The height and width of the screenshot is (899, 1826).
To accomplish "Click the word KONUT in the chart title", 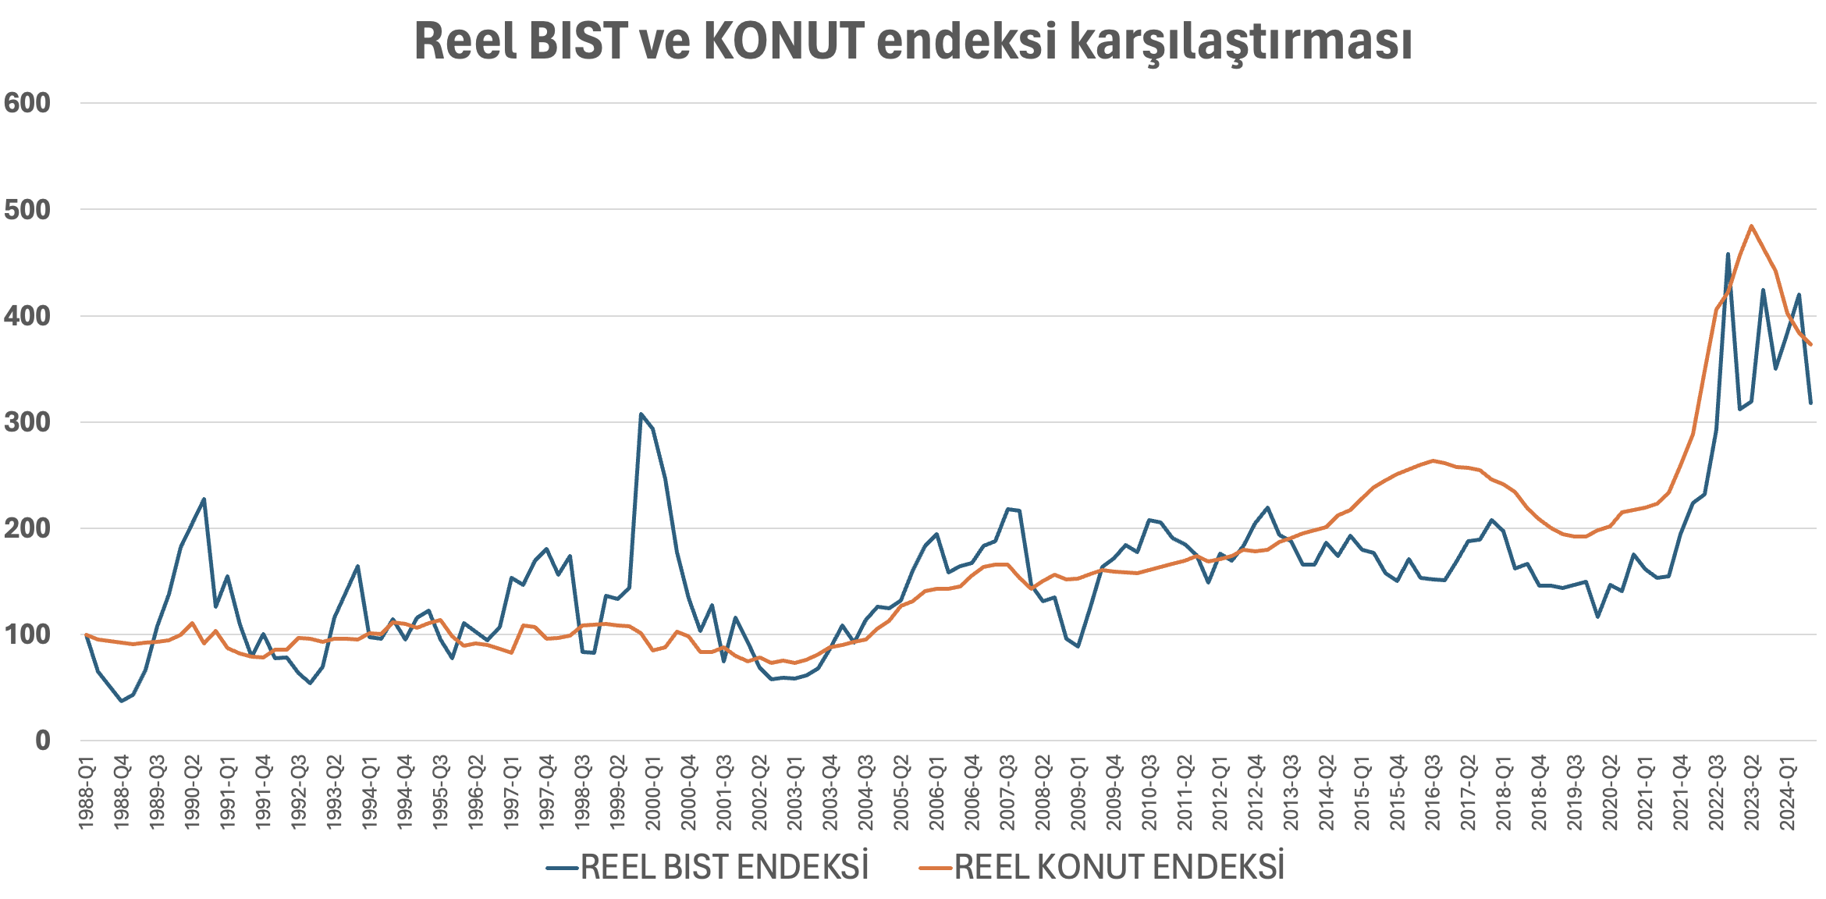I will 784,41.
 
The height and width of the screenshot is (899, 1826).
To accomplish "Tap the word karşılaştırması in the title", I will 1241,42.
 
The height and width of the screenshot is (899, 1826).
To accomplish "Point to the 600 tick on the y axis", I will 27,103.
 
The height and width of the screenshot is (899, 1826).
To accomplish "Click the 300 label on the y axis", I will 27,422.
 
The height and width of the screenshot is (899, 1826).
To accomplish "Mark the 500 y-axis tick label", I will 27,209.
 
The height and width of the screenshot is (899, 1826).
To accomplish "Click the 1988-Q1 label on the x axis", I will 87,792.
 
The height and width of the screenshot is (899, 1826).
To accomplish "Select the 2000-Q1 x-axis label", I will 653,792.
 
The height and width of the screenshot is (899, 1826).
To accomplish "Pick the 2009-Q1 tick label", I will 1078,792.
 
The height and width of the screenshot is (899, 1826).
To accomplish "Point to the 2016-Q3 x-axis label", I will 1433,792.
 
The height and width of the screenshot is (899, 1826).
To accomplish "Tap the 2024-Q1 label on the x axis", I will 1787,792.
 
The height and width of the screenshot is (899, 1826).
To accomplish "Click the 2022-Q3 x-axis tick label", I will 1716,792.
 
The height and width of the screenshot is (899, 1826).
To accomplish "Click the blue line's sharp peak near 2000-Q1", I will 641,414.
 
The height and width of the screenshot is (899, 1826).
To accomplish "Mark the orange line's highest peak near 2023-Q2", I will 1752,226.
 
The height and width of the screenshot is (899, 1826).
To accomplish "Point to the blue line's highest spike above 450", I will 1728,254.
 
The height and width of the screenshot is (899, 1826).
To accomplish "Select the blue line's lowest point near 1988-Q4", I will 121,701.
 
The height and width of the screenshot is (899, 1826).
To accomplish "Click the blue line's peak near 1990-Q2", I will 204,499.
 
